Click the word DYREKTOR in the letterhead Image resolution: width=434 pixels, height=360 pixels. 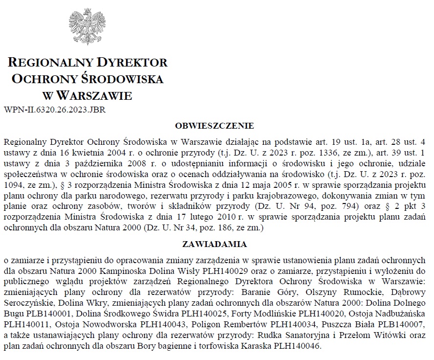[x=132, y=63]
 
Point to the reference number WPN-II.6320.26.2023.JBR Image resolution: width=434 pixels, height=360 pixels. [x=54, y=110]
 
